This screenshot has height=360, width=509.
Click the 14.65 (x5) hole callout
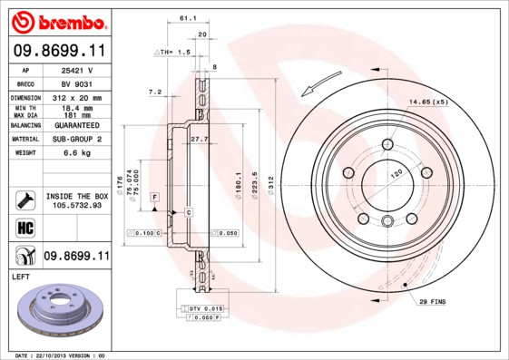428,102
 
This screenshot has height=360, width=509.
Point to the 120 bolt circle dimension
396,172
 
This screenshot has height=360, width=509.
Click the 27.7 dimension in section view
200,138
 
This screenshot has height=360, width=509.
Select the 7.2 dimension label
154,92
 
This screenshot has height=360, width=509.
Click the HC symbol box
25,226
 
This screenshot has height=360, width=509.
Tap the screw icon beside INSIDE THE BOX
25,199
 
